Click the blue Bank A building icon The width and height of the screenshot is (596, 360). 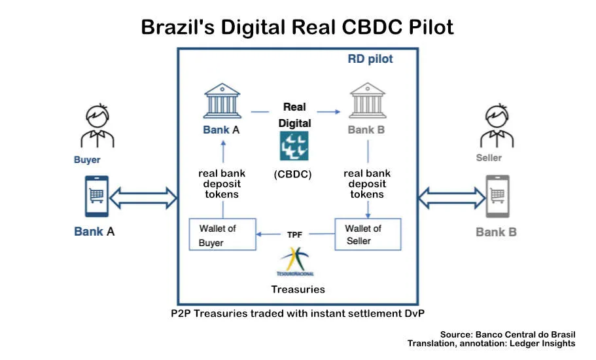(x=221, y=100)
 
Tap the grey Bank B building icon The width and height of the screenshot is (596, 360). (x=366, y=100)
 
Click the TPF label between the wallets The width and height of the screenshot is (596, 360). (x=295, y=234)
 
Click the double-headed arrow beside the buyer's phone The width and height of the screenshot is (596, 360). (x=143, y=196)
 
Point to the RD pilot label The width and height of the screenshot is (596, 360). (x=370, y=60)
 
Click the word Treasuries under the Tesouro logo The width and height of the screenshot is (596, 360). (x=298, y=289)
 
